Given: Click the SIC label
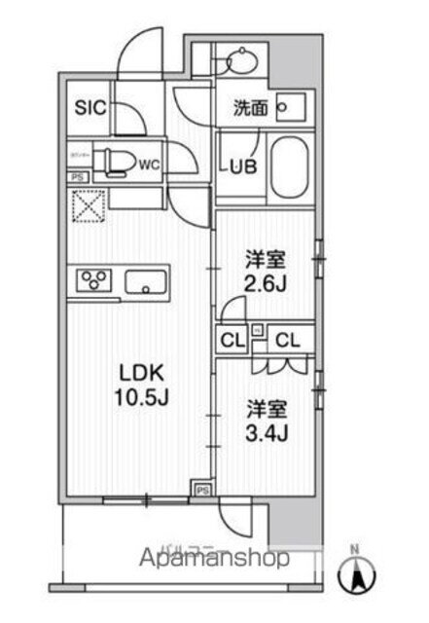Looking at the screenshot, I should [x=85, y=108].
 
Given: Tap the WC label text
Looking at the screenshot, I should [x=149, y=165].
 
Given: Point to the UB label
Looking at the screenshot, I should [x=241, y=166].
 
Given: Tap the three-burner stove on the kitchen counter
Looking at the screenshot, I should [x=94, y=282].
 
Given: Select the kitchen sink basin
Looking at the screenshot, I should [x=147, y=283].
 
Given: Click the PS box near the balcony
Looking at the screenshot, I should [x=203, y=490].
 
